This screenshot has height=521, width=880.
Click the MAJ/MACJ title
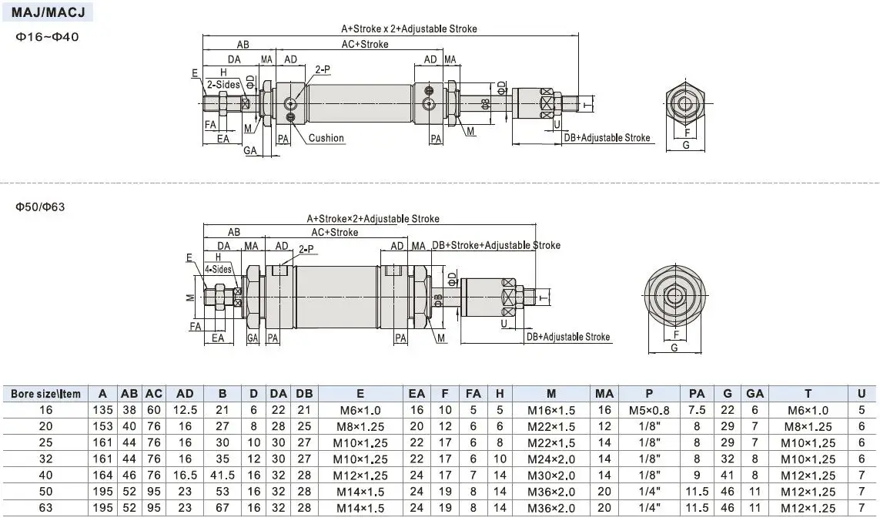48,12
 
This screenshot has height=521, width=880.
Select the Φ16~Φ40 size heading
47,37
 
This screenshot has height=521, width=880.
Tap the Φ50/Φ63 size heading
40,207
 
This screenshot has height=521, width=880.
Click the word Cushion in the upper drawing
326,138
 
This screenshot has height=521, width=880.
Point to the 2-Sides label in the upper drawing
223,85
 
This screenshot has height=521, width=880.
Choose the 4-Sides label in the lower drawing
219,269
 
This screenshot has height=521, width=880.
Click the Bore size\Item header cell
46,394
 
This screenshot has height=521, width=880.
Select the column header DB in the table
304,394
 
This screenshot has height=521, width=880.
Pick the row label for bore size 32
45,459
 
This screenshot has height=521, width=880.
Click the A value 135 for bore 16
102,410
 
